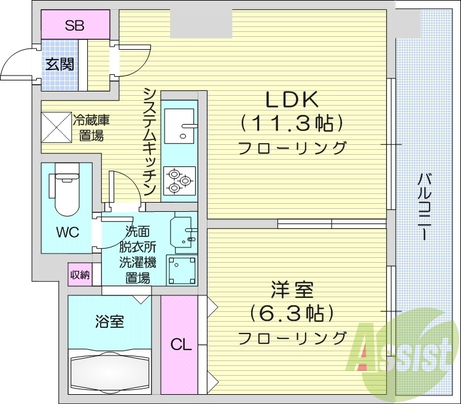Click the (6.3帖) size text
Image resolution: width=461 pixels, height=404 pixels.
tap(292, 314)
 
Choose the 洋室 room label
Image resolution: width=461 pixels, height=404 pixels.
tap(291, 289)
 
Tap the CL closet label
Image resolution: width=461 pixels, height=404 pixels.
tap(180, 344)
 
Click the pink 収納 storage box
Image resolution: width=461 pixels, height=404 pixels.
tap(79, 275)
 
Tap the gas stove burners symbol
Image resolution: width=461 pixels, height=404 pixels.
tap(179, 181)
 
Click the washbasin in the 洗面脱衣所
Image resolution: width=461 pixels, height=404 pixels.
tap(184, 232)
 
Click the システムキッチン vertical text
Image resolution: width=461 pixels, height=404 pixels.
tap(149, 141)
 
